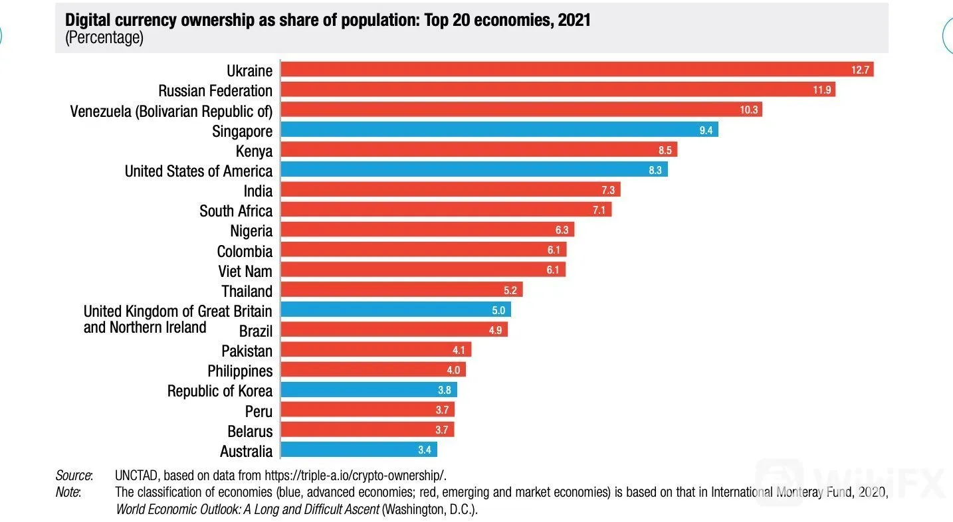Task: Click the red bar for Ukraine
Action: click(x=578, y=69)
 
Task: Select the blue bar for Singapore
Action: click(x=500, y=130)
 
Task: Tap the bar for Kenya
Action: click(x=479, y=149)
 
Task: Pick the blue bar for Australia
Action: click(x=359, y=450)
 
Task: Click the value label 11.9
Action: click(x=821, y=90)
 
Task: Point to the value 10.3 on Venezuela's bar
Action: click(x=749, y=110)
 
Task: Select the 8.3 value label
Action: click(x=655, y=171)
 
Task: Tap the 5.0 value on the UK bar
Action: click(x=498, y=310)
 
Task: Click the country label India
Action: click(x=258, y=191)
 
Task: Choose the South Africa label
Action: click(x=236, y=211)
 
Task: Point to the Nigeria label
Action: click(x=251, y=231)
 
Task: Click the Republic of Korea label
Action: click(x=219, y=391)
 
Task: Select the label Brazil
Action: click(x=256, y=331)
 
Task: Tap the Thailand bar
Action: click(x=401, y=290)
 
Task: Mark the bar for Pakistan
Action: click(x=376, y=349)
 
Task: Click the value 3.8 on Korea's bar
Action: click(x=444, y=391)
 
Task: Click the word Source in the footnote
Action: click(x=73, y=476)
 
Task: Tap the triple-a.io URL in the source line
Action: click(x=355, y=476)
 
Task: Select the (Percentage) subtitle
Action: click(x=104, y=37)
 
